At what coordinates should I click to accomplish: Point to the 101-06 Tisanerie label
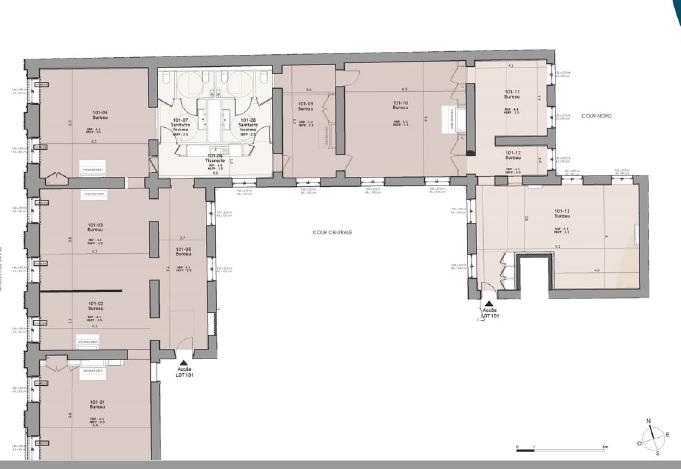click(214, 157)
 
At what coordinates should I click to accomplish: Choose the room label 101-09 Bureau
click(307, 105)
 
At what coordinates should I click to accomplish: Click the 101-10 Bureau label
click(399, 105)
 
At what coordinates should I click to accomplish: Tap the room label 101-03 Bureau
click(97, 228)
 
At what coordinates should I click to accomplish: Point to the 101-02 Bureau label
click(97, 305)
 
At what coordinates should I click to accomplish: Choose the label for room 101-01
click(97, 404)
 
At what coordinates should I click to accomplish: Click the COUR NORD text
click(596, 116)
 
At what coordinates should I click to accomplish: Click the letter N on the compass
click(648, 421)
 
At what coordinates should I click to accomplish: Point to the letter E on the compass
click(665, 435)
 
